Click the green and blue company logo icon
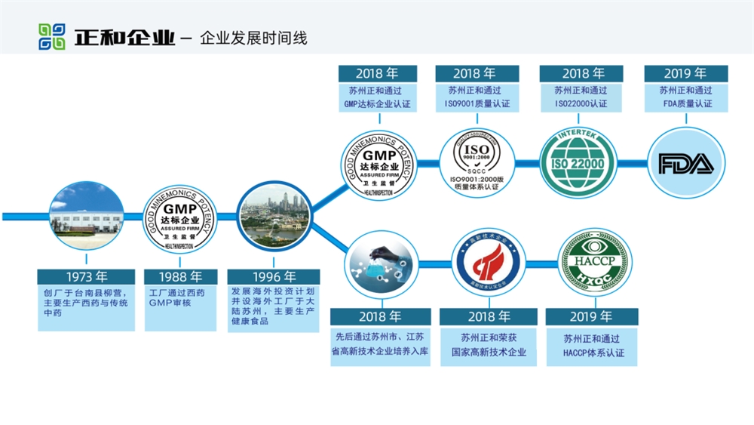click(52, 36)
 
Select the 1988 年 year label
click(181, 277)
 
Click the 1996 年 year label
click(274, 277)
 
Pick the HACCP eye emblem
click(594, 263)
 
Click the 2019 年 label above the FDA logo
click(685, 73)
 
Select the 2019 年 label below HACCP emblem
click(592, 316)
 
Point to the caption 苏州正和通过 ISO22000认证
click(581, 97)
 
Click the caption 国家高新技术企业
click(489, 352)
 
